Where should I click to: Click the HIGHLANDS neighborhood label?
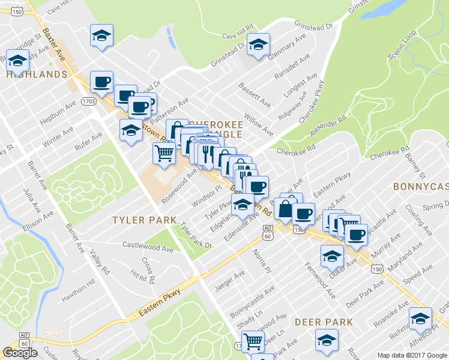36,74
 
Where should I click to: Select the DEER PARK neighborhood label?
324,322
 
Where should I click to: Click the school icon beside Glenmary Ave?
258,44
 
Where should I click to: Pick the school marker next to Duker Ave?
332,256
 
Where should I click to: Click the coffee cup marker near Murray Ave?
356,235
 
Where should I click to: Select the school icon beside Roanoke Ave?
420,318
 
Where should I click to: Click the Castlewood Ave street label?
148,246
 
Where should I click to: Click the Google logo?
20,353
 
